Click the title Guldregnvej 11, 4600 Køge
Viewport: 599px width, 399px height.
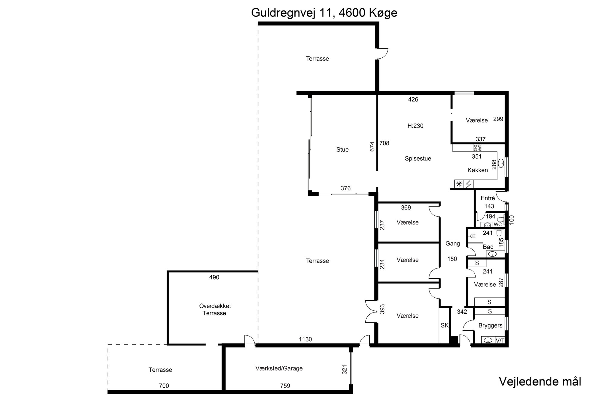pos(324,13)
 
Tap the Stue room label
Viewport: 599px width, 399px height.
pos(342,150)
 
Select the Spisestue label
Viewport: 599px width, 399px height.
pos(418,159)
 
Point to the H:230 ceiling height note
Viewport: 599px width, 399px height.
pos(415,126)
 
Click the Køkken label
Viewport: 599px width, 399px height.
pos(478,170)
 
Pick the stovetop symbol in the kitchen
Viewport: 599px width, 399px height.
pos(478,148)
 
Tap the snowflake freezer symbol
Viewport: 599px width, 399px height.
pos(459,184)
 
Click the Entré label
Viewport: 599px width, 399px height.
pos(488,198)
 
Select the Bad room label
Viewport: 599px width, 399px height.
pos(488,247)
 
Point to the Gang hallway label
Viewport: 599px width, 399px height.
pos(453,244)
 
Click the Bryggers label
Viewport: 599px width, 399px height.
pos(490,325)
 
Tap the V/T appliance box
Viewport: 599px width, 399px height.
pos(500,340)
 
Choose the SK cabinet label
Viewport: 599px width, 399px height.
pos(444,325)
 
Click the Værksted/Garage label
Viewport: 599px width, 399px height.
pos(279,368)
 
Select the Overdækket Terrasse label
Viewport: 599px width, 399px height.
pos(215,310)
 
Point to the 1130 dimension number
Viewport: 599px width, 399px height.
pos(305,339)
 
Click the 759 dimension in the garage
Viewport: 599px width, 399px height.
pos(285,386)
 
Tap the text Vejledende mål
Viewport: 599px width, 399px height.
pos(540,381)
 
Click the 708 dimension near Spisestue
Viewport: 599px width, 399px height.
pos(384,143)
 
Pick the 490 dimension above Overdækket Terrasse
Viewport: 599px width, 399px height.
pos(214,277)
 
